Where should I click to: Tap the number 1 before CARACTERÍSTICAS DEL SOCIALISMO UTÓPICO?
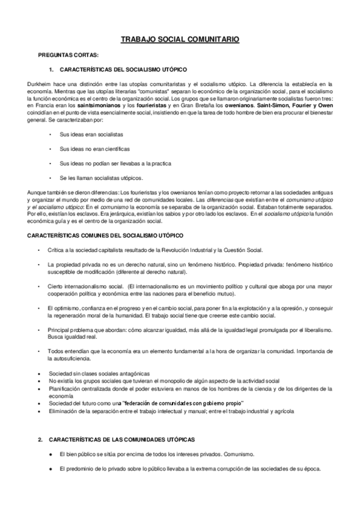tap(51, 69)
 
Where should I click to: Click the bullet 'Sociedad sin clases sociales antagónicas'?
tap(96, 373)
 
